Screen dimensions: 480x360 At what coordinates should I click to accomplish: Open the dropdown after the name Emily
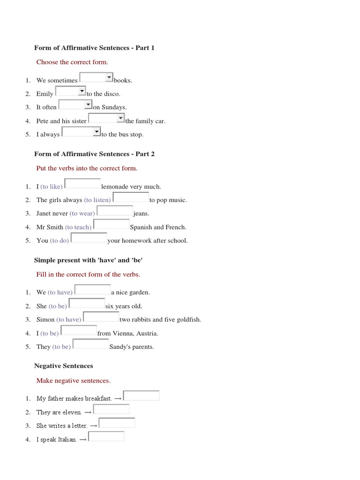(82, 91)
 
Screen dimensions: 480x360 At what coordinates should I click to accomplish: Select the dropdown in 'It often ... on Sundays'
(88, 105)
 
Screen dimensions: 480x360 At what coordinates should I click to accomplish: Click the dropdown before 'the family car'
(120, 118)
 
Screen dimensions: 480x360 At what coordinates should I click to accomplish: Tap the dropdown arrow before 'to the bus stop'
(97, 132)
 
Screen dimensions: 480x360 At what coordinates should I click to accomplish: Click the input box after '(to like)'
(82, 184)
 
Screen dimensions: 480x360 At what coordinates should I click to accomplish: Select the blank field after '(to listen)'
(131, 197)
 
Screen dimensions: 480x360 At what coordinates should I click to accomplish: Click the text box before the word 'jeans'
(115, 211)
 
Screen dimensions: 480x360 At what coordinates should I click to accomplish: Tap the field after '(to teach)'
(112, 225)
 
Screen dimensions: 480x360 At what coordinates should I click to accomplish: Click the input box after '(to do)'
(89, 238)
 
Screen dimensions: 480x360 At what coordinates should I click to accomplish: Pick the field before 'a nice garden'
(93, 290)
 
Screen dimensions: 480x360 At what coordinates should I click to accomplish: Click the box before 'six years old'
(87, 303)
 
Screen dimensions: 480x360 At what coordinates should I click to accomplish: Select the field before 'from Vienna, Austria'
(79, 330)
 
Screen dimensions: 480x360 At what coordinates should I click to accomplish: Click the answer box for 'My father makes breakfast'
(141, 396)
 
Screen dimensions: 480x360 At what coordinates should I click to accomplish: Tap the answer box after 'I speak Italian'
(106, 436)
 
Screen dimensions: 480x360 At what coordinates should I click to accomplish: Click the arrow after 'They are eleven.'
(89, 412)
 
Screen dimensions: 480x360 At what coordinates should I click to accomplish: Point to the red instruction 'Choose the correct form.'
(72, 62)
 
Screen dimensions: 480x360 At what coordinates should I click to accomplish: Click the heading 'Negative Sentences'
(64, 366)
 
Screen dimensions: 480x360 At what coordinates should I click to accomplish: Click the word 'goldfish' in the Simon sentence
(188, 320)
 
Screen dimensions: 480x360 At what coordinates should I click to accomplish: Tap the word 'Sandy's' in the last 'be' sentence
(120, 347)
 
